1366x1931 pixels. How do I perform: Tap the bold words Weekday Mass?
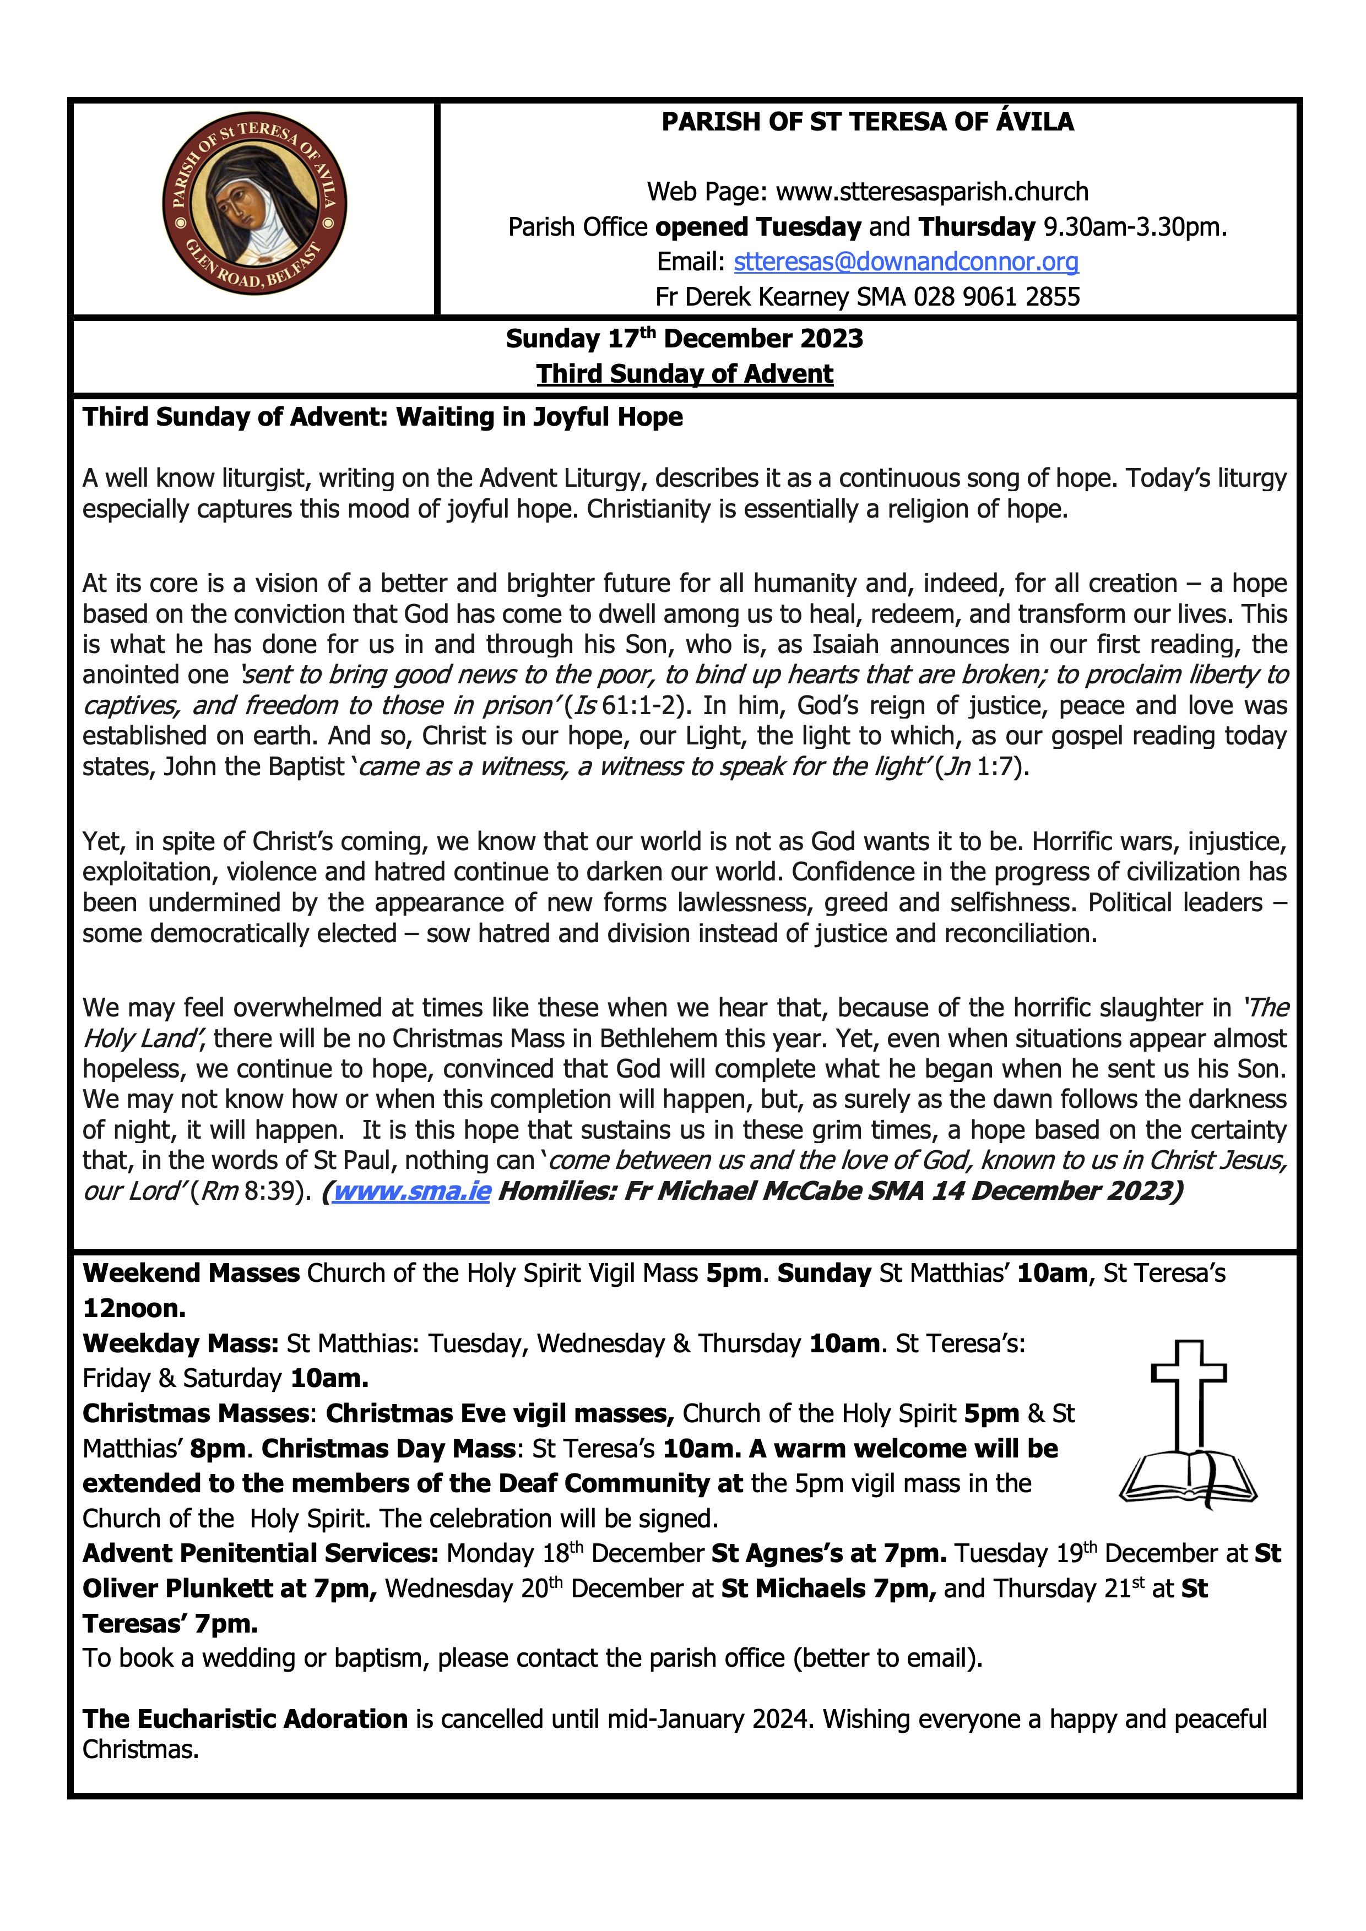click(180, 1344)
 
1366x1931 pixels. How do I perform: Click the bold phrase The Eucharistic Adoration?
click(245, 1719)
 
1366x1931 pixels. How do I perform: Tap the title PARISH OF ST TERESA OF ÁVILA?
click(867, 122)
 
